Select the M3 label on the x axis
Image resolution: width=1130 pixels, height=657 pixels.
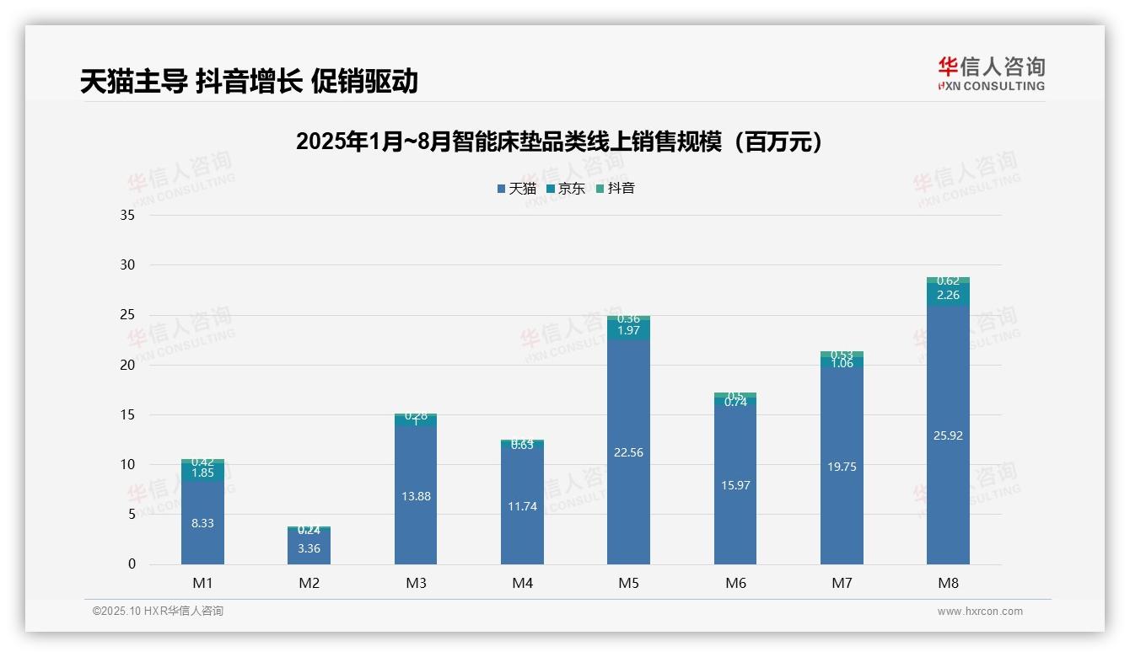point(416,583)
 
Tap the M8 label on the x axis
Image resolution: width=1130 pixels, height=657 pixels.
point(948,583)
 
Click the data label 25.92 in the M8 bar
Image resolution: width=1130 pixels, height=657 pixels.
point(948,435)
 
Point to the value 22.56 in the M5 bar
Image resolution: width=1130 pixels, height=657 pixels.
point(628,452)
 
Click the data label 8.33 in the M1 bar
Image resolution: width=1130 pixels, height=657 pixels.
point(202,523)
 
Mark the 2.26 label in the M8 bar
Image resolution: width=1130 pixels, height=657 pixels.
point(948,295)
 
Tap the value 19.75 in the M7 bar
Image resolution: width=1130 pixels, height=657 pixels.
point(842,467)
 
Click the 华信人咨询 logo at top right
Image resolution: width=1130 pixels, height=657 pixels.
point(991,73)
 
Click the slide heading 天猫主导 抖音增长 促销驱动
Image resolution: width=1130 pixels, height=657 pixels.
point(249,82)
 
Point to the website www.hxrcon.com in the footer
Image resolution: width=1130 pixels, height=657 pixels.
point(980,612)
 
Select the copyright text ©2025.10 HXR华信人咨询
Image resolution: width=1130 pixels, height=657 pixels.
point(158,612)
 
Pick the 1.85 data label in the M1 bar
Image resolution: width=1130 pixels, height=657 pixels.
point(202,473)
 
